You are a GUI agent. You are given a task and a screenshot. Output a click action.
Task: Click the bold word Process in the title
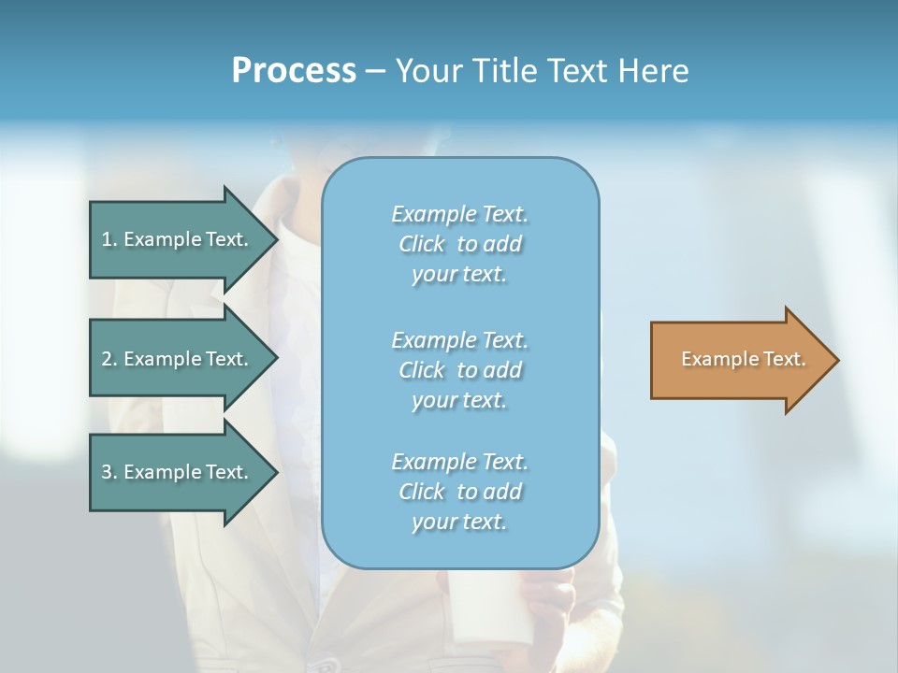294,71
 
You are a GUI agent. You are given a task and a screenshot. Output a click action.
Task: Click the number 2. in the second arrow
109,359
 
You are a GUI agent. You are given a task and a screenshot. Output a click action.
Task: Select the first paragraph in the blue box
459,244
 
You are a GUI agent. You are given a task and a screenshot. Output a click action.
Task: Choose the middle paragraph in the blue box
459,370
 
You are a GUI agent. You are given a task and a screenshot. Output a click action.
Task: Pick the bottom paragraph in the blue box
459,492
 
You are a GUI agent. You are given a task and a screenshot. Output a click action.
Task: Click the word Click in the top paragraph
422,244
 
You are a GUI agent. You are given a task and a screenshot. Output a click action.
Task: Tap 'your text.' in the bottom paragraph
459,522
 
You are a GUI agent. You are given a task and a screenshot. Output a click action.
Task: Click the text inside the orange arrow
743,359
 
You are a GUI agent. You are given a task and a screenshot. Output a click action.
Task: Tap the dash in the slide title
375,71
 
